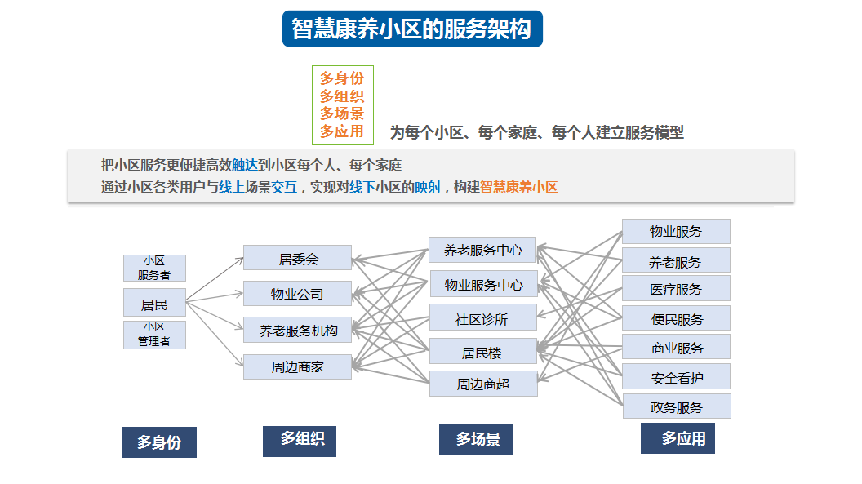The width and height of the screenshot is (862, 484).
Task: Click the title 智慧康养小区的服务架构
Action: pyautogui.click(x=411, y=29)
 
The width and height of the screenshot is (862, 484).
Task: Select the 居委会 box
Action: pyautogui.click(x=297, y=258)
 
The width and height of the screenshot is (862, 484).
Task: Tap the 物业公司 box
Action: pyautogui.click(x=297, y=293)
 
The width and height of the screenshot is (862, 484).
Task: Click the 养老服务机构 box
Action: pyautogui.click(x=297, y=330)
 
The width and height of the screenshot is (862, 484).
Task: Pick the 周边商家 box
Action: pyautogui.click(x=297, y=366)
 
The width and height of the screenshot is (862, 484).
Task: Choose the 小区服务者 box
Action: pyautogui.click(x=154, y=268)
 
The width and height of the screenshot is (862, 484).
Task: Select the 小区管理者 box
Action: pyautogui.click(x=154, y=335)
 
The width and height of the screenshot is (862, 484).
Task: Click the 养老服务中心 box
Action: pyautogui.click(x=482, y=250)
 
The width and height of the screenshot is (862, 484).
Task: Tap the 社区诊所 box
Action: pyautogui.click(x=482, y=317)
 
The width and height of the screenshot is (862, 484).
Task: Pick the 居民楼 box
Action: pyautogui.click(x=482, y=351)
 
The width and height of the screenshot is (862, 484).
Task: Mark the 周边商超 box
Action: pyautogui.click(x=483, y=384)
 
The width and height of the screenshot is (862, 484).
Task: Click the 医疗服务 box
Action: pyautogui.click(x=676, y=288)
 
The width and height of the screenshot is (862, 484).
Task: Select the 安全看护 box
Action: pyautogui.click(x=676, y=377)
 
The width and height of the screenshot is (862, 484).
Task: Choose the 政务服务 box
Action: pyautogui.click(x=677, y=406)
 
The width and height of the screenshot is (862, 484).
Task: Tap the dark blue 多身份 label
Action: pyautogui.click(x=159, y=442)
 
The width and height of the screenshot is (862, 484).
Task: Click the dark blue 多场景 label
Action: pyautogui.click(x=476, y=439)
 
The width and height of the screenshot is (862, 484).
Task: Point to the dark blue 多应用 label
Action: pyautogui.click(x=678, y=437)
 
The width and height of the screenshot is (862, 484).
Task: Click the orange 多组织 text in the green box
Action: pyautogui.click(x=342, y=96)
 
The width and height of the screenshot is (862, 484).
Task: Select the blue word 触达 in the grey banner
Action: pyautogui.click(x=245, y=165)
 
